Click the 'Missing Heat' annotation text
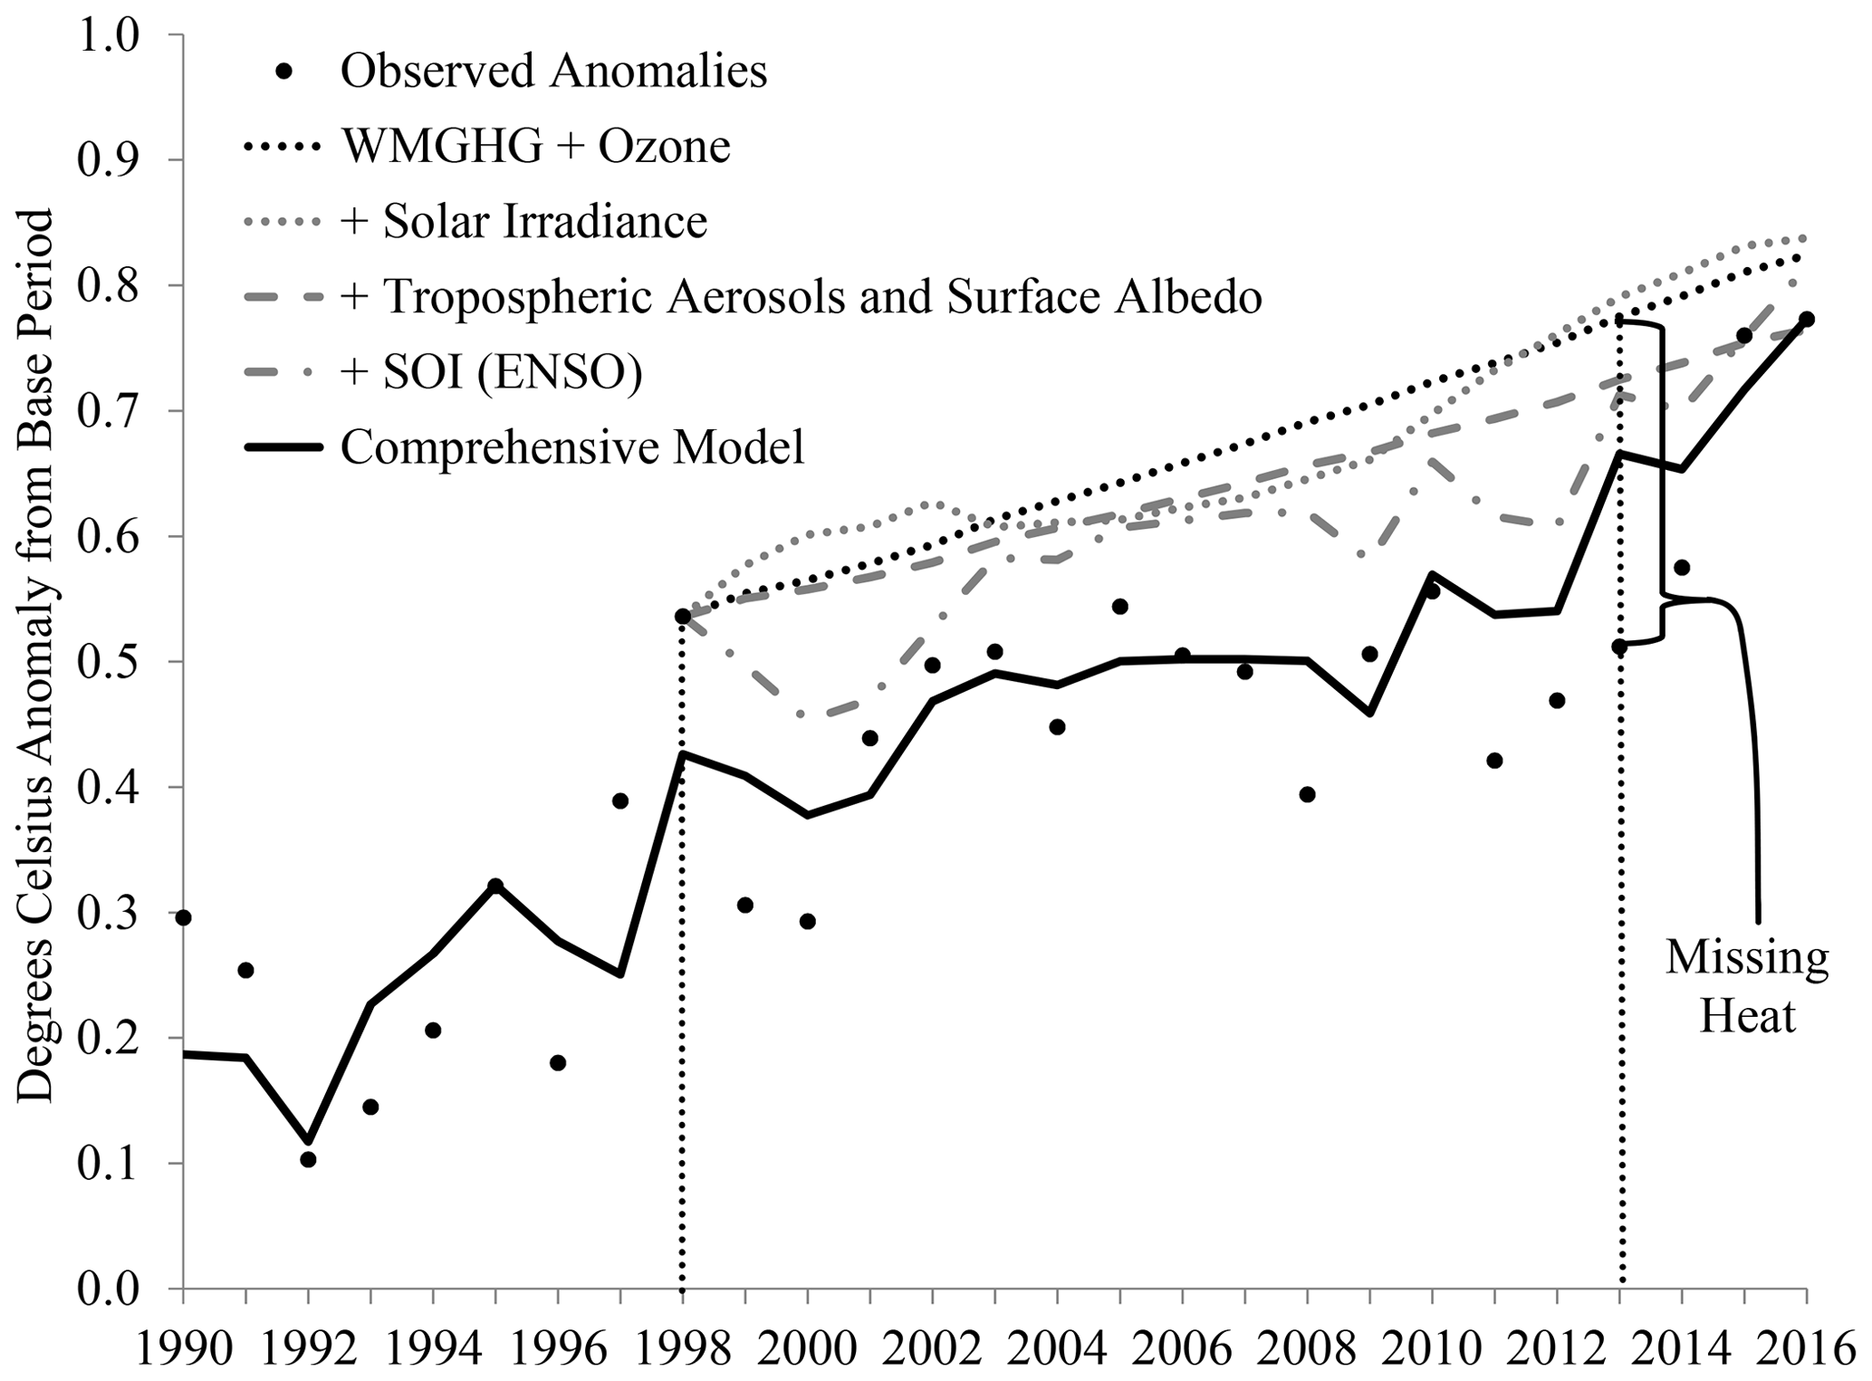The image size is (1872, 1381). point(1747,987)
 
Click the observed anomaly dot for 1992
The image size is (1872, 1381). point(308,1159)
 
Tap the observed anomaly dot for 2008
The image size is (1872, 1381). point(1307,794)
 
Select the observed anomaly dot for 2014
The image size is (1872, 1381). point(1682,568)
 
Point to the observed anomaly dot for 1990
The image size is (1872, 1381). point(183,917)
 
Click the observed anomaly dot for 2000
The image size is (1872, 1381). point(808,921)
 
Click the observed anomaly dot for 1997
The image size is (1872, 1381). point(620,801)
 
